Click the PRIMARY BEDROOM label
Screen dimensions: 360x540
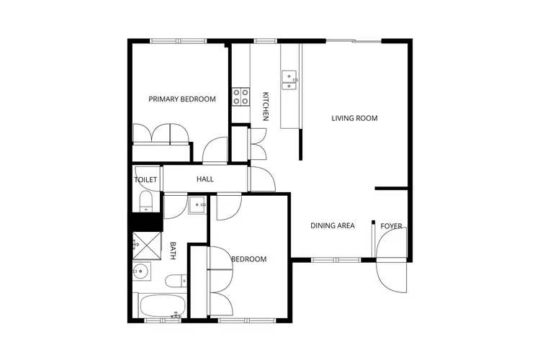[182, 99]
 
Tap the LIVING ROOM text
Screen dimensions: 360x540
[354, 118]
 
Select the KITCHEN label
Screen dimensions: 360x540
[266, 106]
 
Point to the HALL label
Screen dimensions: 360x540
[205, 179]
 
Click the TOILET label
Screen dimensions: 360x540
[145, 179]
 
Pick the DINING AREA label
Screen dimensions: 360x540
[333, 225]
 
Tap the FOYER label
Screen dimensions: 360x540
[392, 226]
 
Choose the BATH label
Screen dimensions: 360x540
[173, 251]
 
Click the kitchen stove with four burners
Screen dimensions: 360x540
[240, 96]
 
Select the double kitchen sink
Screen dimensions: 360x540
[289, 79]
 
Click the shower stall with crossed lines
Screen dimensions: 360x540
[147, 245]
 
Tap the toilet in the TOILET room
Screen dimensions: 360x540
[145, 201]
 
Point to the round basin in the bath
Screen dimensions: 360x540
[141, 272]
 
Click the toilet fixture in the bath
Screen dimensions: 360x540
[175, 281]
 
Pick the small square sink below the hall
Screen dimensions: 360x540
[198, 206]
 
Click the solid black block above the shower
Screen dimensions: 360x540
[142, 222]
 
